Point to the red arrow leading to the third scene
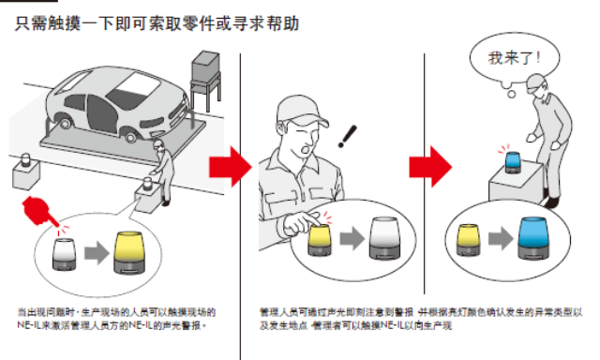pyautogui.click(x=428, y=167)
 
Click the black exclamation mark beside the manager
pyautogui.click(x=349, y=139)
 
